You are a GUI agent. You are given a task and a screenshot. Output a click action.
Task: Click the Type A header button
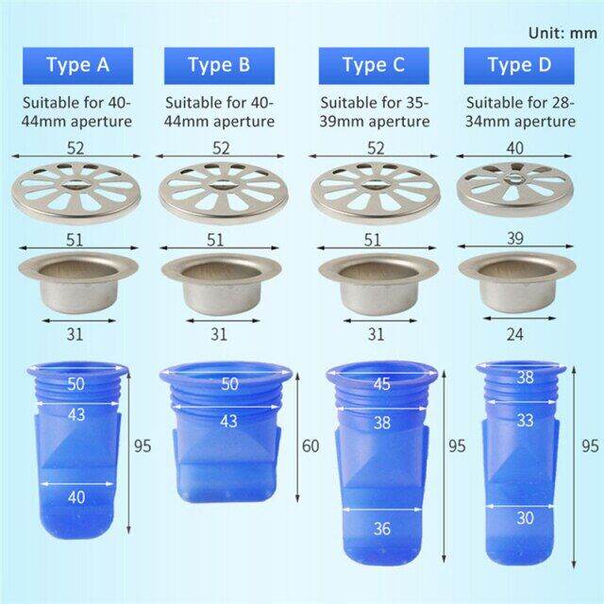coord(78,65)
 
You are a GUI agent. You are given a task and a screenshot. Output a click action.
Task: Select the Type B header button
coord(219,65)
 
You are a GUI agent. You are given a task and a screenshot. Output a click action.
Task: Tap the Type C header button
coord(373,65)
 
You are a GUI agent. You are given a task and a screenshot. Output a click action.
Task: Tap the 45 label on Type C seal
coord(380,384)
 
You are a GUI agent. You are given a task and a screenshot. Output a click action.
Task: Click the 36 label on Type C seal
coord(380,528)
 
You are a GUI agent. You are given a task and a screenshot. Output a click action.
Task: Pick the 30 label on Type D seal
coord(525,517)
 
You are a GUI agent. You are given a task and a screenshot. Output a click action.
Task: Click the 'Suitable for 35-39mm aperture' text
coord(375,112)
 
